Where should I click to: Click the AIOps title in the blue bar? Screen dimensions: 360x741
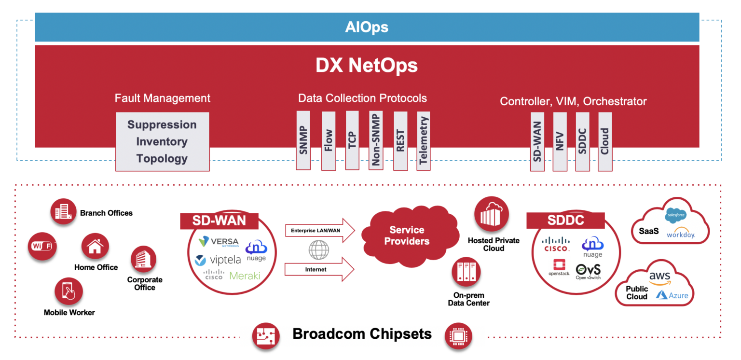pos(367,27)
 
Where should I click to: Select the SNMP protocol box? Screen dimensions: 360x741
pos(303,140)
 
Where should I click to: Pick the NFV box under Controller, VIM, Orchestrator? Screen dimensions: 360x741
pos(560,141)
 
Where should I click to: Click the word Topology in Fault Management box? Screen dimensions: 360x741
pos(162,158)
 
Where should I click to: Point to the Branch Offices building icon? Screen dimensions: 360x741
pos(64,212)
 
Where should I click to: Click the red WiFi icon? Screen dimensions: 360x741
pos(41,246)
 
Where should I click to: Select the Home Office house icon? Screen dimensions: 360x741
pos(95,246)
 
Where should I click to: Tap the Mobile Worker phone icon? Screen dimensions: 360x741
pos(69,291)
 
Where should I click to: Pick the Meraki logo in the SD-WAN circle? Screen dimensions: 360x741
pos(245,276)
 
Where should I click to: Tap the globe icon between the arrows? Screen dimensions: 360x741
pos(319,250)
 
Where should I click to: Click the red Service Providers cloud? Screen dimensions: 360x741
pos(407,235)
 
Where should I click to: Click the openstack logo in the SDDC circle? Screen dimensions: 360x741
pos(559,267)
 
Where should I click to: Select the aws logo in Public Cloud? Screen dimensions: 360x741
pos(659,277)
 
